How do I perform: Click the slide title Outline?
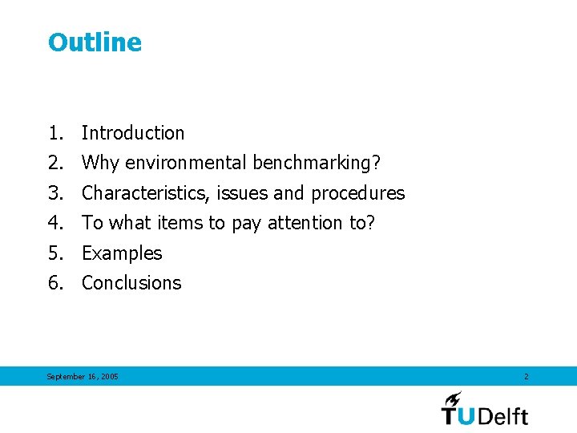coord(95,42)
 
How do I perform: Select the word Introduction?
coord(133,133)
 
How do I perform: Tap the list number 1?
coord(54,133)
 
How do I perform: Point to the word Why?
coord(100,163)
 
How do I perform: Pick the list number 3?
coord(54,193)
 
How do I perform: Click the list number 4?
coord(54,223)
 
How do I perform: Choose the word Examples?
coord(122,253)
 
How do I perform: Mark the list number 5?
coord(54,253)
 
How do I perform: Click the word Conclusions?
coord(131,283)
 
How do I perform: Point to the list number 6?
coord(54,283)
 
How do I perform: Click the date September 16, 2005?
coord(83,376)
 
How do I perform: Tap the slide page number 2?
coord(526,376)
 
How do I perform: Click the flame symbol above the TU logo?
coord(454,398)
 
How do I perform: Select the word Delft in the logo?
coord(503,415)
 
